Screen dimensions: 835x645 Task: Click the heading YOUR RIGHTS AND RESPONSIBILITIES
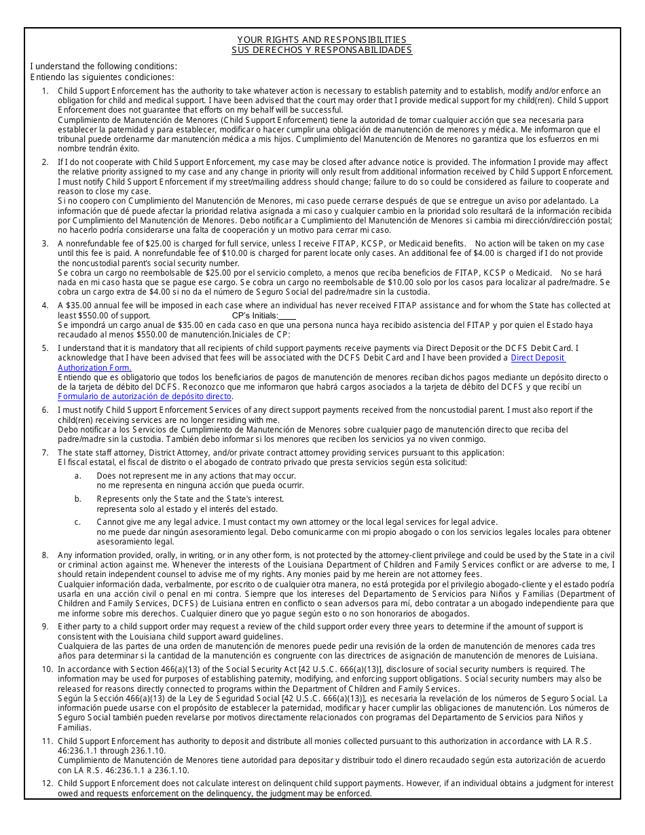click(322, 40)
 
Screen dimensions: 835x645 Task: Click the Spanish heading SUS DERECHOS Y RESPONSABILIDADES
click(322, 50)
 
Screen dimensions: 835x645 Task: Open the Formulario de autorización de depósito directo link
click(145, 396)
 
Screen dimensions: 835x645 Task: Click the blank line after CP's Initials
click(287, 316)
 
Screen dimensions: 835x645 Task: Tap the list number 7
click(45, 453)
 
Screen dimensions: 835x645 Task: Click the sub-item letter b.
click(78, 499)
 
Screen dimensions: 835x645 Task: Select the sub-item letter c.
click(78, 522)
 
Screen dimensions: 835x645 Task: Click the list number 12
click(47, 784)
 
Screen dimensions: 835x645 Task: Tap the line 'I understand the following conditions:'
click(104, 67)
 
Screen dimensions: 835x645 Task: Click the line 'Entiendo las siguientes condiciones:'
click(103, 77)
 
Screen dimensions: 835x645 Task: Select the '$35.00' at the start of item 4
click(77, 306)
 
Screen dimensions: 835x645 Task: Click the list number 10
click(47, 669)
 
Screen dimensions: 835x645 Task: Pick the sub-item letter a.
click(78, 476)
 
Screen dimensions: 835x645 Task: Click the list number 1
click(45, 91)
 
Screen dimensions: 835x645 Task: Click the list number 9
click(45, 627)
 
